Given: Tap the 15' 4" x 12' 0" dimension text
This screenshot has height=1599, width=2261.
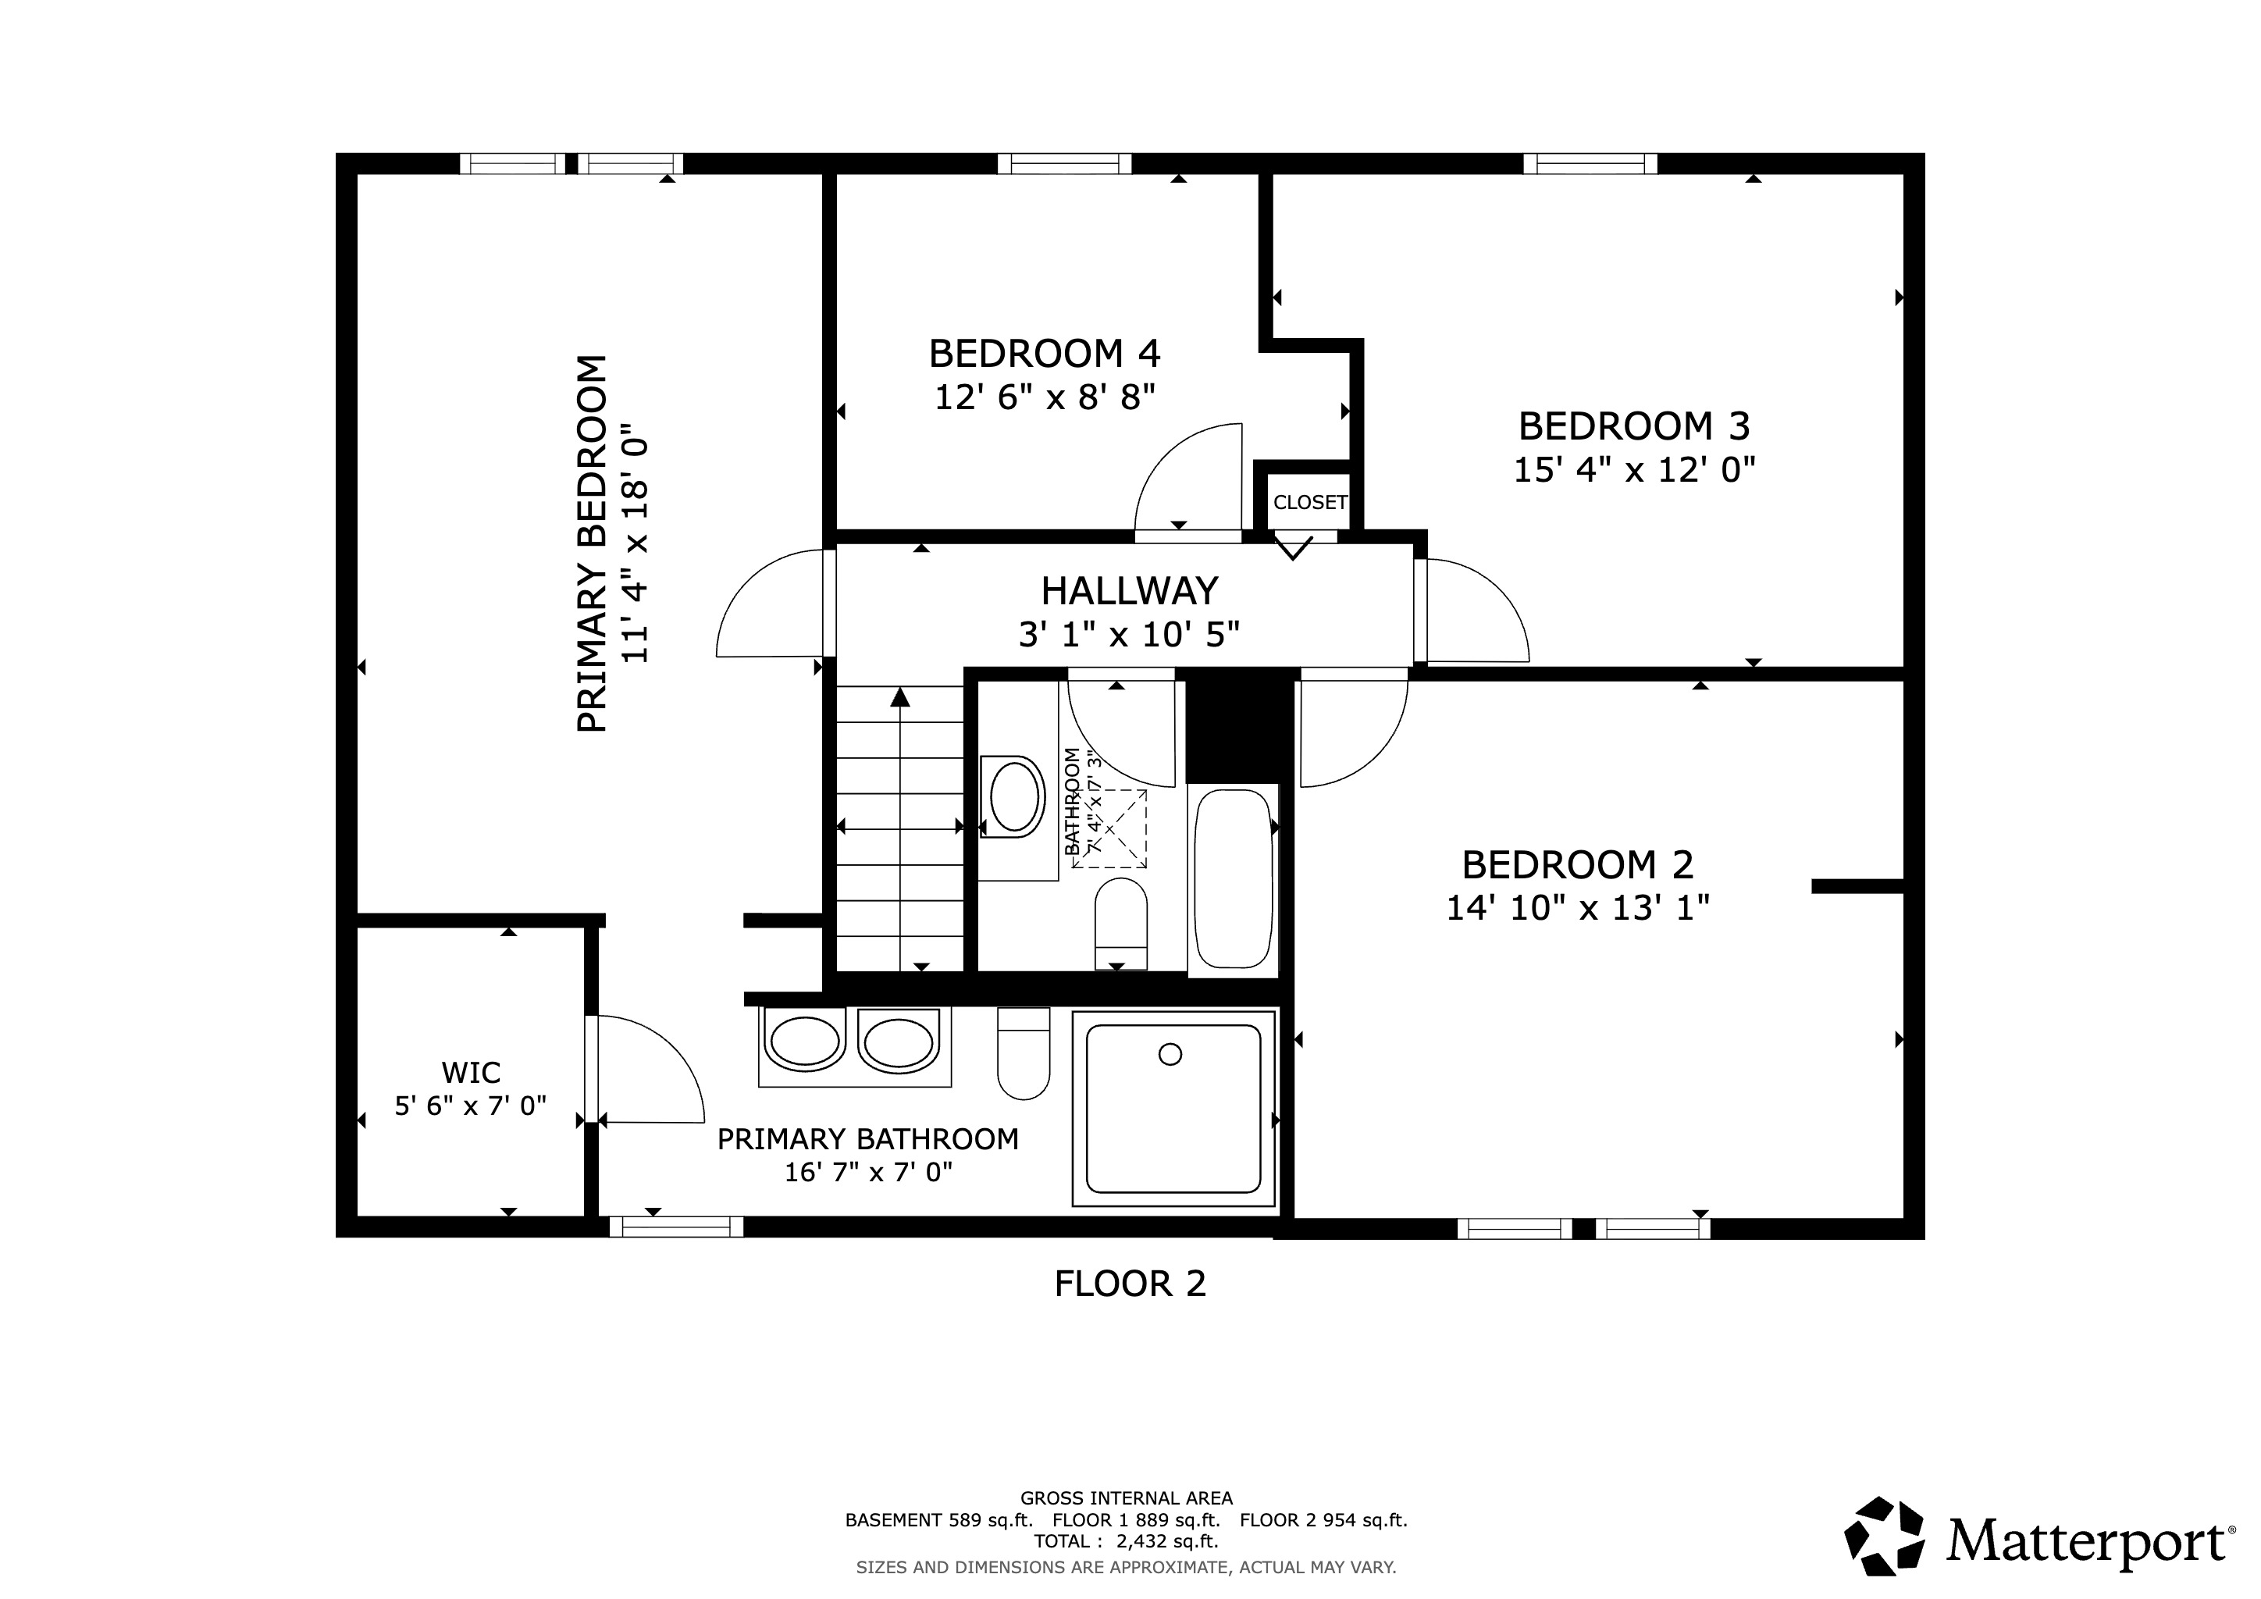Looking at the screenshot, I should [1634, 470].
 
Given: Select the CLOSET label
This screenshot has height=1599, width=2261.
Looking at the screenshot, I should [1310, 502].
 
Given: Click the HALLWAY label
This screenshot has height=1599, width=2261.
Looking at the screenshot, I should [1130, 591].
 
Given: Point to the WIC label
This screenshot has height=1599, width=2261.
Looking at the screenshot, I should [471, 1072].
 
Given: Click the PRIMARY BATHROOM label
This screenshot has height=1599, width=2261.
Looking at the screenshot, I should [867, 1139].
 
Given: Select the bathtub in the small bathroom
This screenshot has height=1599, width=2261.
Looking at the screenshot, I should [1233, 879].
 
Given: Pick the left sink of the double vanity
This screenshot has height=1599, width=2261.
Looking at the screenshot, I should [805, 1042].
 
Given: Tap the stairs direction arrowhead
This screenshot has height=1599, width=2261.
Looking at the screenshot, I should [899, 697].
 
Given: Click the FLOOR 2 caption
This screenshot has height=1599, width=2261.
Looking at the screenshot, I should [1130, 1284].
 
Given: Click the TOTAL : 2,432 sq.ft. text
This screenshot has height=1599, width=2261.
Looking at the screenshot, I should [1126, 1541].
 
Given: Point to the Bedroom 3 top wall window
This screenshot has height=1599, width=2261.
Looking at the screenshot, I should [1590, 163].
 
